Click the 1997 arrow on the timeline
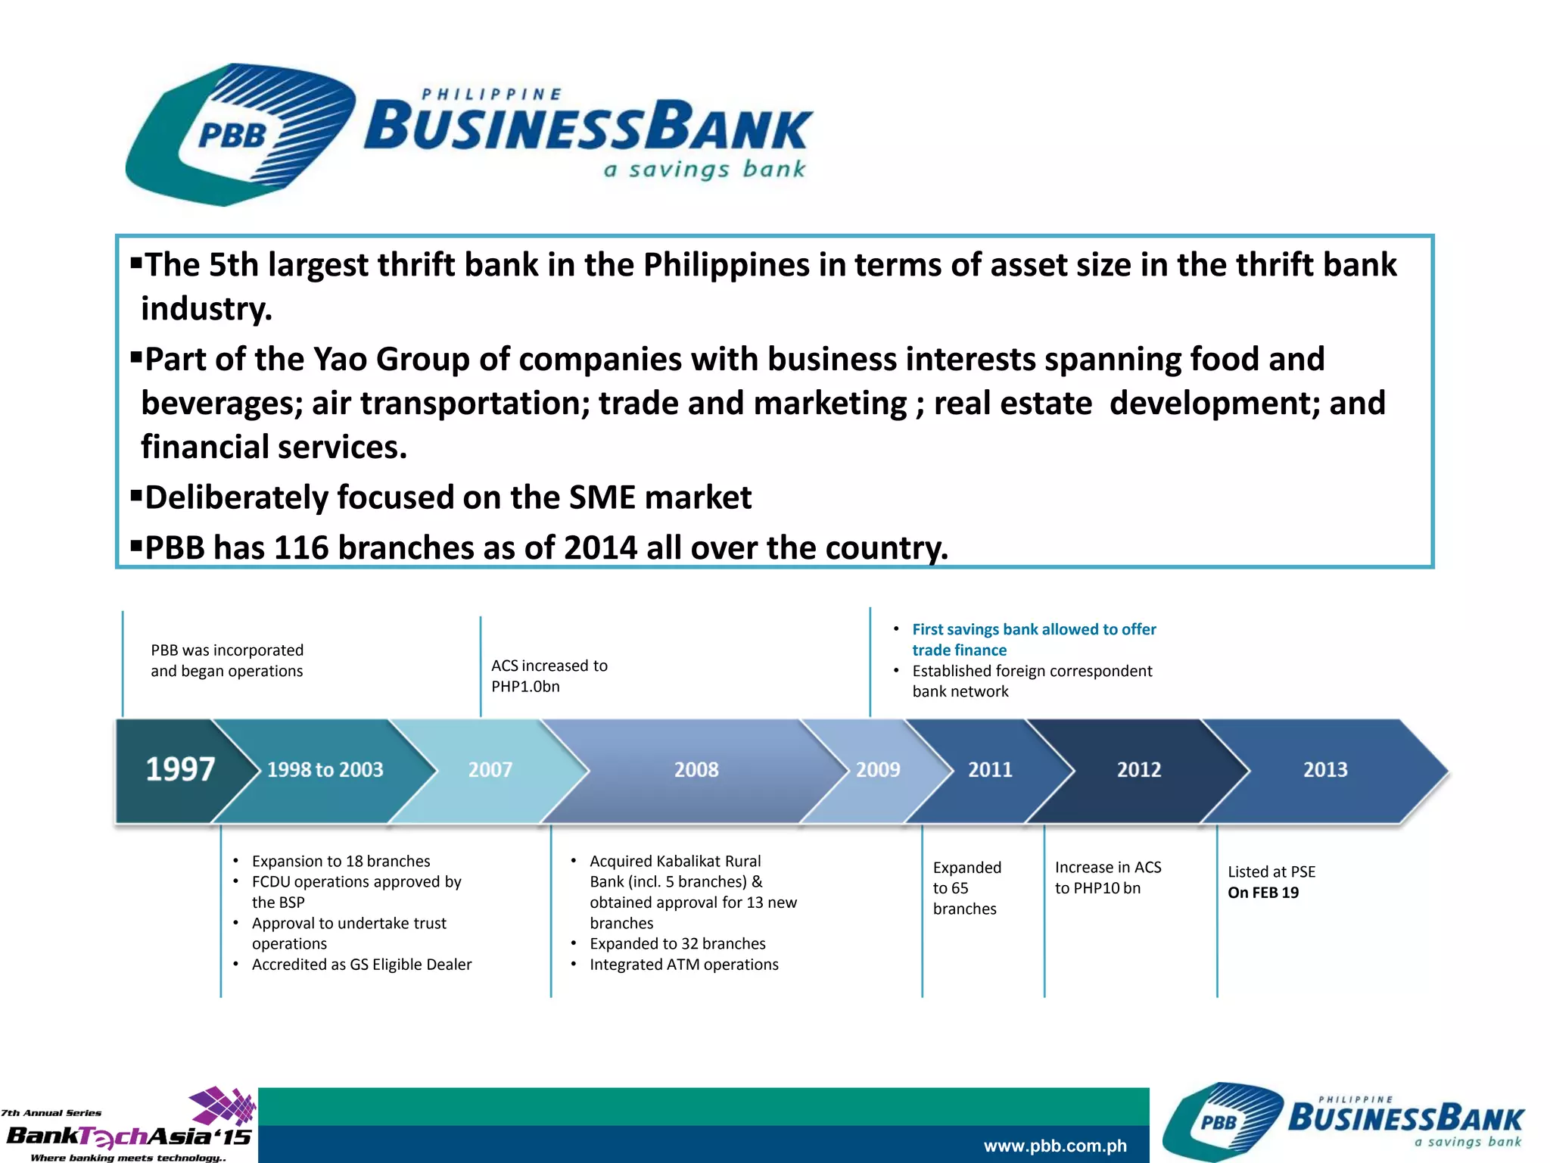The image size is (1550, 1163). (x=180, y=769)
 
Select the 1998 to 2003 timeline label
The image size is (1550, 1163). (x=325, y=770)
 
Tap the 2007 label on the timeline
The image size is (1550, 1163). (x=490, y=770)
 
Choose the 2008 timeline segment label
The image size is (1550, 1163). (x=696, y=770)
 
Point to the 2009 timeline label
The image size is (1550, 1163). (x=878, y=770)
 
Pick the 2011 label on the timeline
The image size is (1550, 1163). (x=990, y=770)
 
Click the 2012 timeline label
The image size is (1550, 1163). (x=1139, y=770)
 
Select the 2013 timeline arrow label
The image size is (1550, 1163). (x=1325, y=770)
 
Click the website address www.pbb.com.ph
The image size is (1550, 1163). (x=1055, y=1146)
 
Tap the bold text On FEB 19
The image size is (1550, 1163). (x=1263, y=893)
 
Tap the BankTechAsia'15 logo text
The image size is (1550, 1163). (x=129, y=1136)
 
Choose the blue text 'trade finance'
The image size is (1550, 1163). (x=959, y=650)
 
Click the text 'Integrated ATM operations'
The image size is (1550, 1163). (x=683, y=965)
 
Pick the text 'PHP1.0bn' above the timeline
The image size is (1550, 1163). (x=525, y=687)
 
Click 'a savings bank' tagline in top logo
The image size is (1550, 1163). (x=704, y=169)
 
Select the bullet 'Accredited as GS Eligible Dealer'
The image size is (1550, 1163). (x=361, y=965)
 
